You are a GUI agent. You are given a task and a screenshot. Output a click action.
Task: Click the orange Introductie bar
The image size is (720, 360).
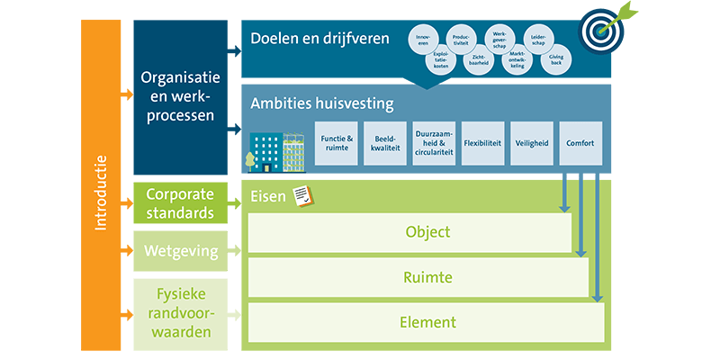point(100,184)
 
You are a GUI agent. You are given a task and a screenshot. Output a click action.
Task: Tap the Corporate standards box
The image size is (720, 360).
point(179,203)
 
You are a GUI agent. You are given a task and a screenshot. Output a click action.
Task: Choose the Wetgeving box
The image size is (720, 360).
point(179,251)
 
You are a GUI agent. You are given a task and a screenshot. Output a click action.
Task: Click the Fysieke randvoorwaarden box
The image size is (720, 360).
point(179,313)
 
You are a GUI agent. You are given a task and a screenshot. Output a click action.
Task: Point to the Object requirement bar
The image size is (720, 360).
point(409,232)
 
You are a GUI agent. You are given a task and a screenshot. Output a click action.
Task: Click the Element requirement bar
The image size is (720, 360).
point(426,322)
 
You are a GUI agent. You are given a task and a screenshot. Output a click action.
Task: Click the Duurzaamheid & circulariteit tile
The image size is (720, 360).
point(435,144)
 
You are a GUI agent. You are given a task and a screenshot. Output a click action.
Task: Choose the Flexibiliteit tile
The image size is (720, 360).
point(483,144)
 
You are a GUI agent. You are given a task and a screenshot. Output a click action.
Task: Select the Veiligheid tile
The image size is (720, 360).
point(532,144)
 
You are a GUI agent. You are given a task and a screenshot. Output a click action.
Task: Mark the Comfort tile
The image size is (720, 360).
point(580,144)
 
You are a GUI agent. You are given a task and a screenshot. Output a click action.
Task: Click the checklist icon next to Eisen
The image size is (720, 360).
point(301,194)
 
